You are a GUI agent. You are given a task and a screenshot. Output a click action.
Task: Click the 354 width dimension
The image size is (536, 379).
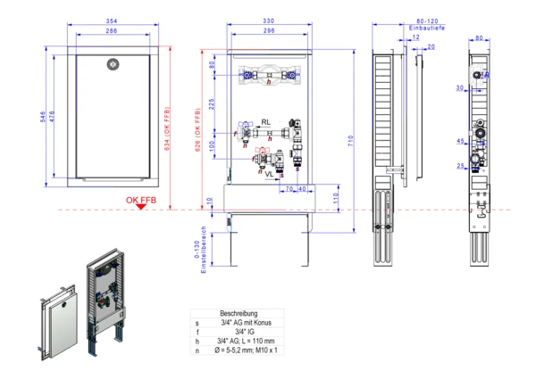coord(112,21)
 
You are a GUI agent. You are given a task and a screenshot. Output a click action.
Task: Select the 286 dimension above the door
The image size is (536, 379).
coord(112,31)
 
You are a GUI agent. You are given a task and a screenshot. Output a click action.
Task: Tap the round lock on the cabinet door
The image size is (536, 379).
coord(113,63)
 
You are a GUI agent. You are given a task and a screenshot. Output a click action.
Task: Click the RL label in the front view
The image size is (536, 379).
coord(266,120)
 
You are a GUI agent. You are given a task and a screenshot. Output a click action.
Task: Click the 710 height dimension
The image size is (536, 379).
coord(352,140)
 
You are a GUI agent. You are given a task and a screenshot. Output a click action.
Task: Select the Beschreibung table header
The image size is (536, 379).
coord(239,314)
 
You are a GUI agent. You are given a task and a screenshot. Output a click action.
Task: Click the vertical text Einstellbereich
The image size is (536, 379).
coord(204,249)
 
